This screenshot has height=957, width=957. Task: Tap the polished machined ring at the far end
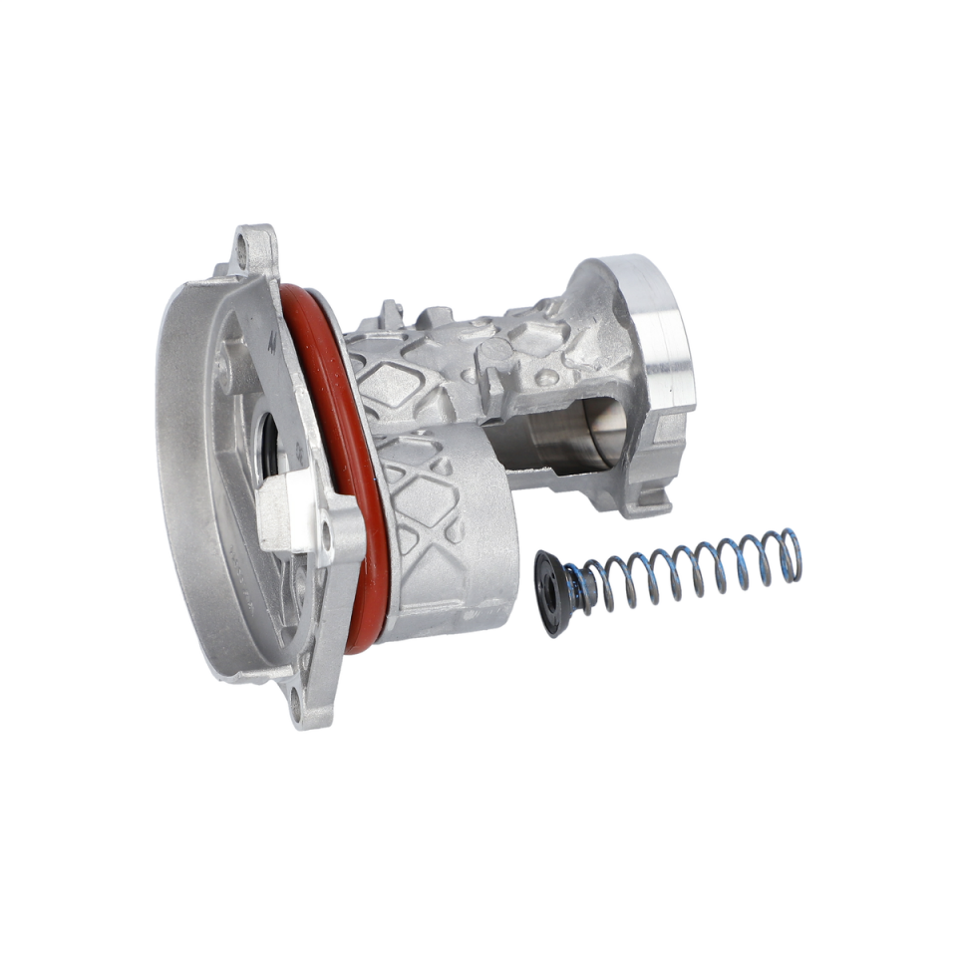[666, 329]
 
